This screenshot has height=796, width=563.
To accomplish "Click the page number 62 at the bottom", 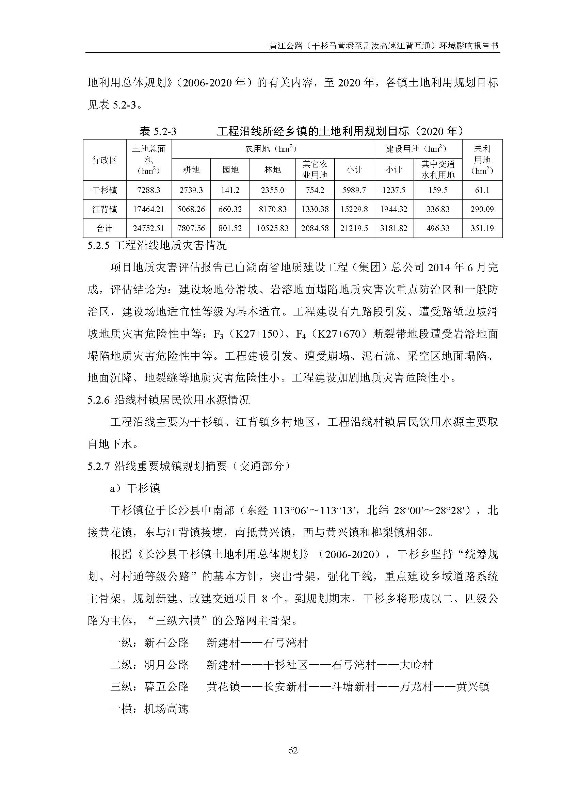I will click(293, 750).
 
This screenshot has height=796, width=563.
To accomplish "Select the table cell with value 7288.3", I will click(149, 190).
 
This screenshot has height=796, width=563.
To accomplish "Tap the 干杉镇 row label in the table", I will click(104, 190).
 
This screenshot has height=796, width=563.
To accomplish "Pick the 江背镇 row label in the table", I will click(104, 209).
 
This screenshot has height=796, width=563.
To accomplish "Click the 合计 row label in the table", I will click(104, 228).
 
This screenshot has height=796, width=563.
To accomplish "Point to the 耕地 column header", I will click(191, 170).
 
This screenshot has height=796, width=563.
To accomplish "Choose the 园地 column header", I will click(230, 170).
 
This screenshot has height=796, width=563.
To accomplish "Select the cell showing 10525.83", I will click(273, 228).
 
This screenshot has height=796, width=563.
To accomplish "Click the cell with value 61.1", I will click(482, 190).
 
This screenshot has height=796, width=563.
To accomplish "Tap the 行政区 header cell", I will click(104, 160).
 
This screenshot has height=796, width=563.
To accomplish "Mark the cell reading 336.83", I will click(437, 209).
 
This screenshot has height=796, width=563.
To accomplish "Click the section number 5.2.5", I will click(98, 246).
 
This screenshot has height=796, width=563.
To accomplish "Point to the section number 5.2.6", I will click(98, 400).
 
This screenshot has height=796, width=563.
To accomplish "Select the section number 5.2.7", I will click(98, 466).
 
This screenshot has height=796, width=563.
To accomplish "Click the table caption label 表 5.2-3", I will click(158, 131).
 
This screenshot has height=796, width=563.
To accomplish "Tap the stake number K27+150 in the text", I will click(257, 334).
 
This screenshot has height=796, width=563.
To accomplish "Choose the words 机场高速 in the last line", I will click(166, 709).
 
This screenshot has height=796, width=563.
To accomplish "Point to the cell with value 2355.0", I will click(273, 190).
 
